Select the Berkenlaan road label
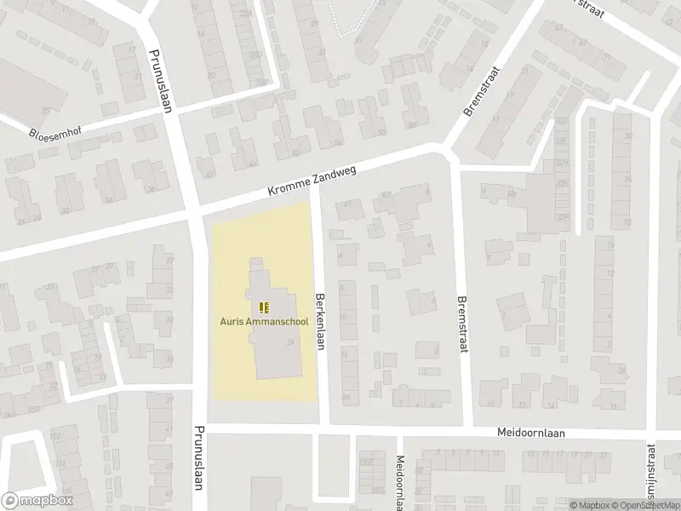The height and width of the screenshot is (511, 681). [323, 316]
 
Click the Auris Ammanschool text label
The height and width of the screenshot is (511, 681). [263, 321]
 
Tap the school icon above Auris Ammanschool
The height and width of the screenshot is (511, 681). [263, 307]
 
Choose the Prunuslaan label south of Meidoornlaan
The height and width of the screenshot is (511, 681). [198, 461]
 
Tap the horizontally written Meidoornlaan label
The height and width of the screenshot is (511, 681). [531, 433]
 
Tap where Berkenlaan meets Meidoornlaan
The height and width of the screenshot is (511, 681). [323, 428]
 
